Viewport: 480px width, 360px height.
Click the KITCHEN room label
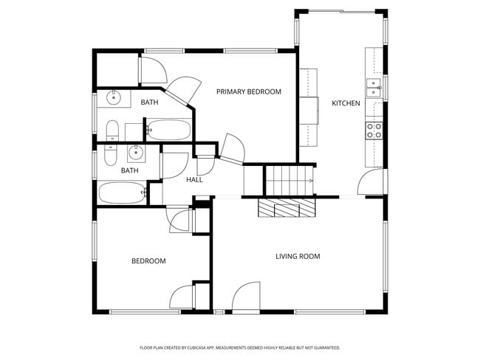click(346, 103)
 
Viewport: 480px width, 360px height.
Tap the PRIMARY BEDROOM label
click(248, 91)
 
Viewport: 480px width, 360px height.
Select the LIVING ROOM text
click(298, 256)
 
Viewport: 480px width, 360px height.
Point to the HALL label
click(194, 179)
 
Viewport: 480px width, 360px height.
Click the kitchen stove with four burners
click(374, 131)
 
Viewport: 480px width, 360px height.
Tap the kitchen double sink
click(374, 88)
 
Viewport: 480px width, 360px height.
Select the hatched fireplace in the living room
click(286, 209)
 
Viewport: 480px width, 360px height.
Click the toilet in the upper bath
click(112, 131)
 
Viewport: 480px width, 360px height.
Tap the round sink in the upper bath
click(114, 97)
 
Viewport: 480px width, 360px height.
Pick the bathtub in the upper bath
click(168, 131)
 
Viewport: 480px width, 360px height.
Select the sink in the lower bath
click(136, 153)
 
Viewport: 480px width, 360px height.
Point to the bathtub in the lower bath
click(123, 193)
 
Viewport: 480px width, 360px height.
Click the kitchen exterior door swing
click(371, 183)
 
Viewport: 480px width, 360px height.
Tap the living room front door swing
click(246, 297)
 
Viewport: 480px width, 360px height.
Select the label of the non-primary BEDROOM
click(148, 260)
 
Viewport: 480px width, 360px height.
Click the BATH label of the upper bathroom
click(150, 103)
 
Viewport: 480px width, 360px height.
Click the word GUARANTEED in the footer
click(324, 347)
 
